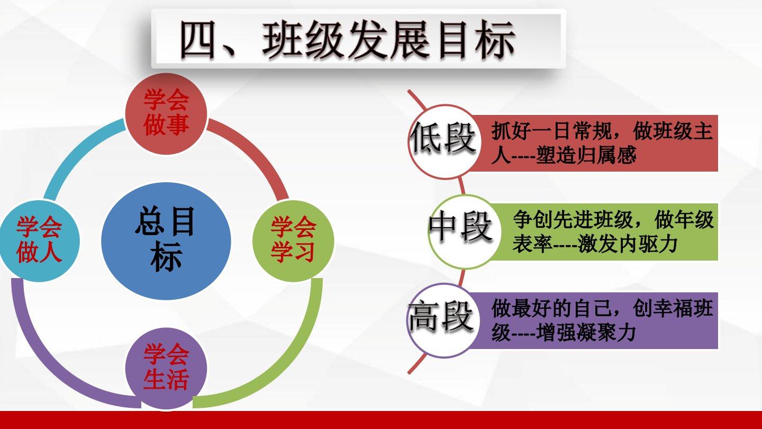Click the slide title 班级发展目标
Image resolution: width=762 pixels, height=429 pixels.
click(x=388, y=40)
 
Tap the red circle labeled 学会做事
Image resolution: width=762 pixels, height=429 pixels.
click(x=166, y=114)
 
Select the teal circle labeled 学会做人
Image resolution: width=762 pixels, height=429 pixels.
click(x=39, y=240)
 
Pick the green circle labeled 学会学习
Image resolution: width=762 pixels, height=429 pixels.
click(x=293, y=240)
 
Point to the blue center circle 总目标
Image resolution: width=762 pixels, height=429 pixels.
click(x=166, y=240)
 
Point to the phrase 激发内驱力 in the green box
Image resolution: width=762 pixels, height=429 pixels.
click(x=628, y=244)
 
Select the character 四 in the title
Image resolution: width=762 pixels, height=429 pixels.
click(x=197, y=40)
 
